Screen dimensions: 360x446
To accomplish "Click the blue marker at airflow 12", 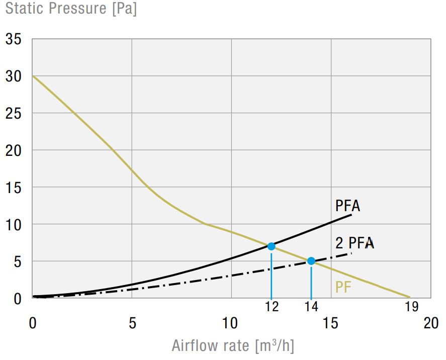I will (271, 246).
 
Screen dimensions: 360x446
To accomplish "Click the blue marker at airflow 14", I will (311, 261).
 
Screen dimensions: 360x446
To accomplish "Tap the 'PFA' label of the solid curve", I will (348, 206).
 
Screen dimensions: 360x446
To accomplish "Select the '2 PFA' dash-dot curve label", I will (354, 243).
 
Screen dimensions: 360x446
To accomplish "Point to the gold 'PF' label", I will (343, 288).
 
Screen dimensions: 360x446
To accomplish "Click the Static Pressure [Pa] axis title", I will (71, 9).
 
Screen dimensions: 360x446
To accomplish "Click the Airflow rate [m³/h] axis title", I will (233, 346).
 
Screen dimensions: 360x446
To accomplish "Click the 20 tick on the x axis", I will (431, 323).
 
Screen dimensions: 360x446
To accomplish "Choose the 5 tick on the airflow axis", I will (132, 323).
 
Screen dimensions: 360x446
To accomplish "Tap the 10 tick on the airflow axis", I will (231, 323).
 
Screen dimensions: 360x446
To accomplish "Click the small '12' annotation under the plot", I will (271, 306).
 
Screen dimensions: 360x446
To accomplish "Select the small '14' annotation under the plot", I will (311, 306).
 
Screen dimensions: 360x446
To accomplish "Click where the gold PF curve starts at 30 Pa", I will (33, 76).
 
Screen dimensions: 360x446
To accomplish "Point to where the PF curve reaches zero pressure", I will (410, 298).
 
